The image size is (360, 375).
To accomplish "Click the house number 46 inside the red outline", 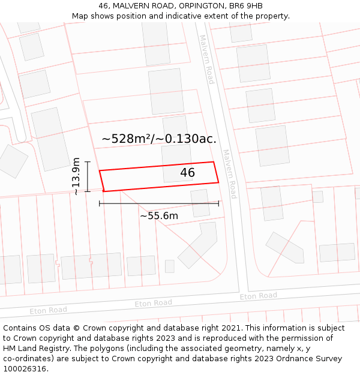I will pos(188,173).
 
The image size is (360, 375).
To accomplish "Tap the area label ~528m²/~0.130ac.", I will pos(159,139).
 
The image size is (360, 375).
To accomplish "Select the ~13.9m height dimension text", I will pos(76,176).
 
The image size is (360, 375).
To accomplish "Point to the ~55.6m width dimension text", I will pos(159,215).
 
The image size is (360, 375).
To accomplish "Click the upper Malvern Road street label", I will pos(207,59).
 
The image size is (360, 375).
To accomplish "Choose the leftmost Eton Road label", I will pos(49,310).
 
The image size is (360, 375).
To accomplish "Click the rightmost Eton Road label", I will pos(259,296).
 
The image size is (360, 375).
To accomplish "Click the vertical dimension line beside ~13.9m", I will pos(88,176).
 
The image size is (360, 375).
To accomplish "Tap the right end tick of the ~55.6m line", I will pos(218,203).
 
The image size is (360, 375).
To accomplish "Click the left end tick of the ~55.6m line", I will pos(100,203).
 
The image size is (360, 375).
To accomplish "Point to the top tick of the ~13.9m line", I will pos(88,162).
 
